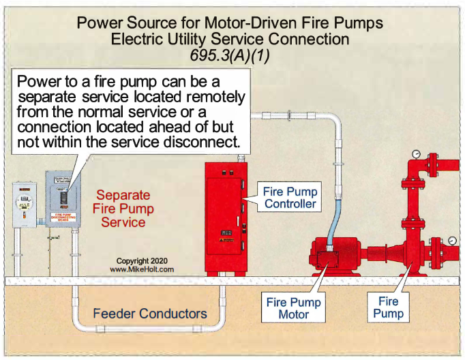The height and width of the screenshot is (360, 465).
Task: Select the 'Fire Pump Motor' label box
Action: (294, 307)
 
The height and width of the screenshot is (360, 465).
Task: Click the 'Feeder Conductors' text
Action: (151, 314)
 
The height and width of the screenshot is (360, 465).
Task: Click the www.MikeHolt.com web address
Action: (142, 269)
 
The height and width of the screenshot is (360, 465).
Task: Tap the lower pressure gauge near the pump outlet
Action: (453, 240)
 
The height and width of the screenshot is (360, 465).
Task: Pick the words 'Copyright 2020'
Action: (141, 260)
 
